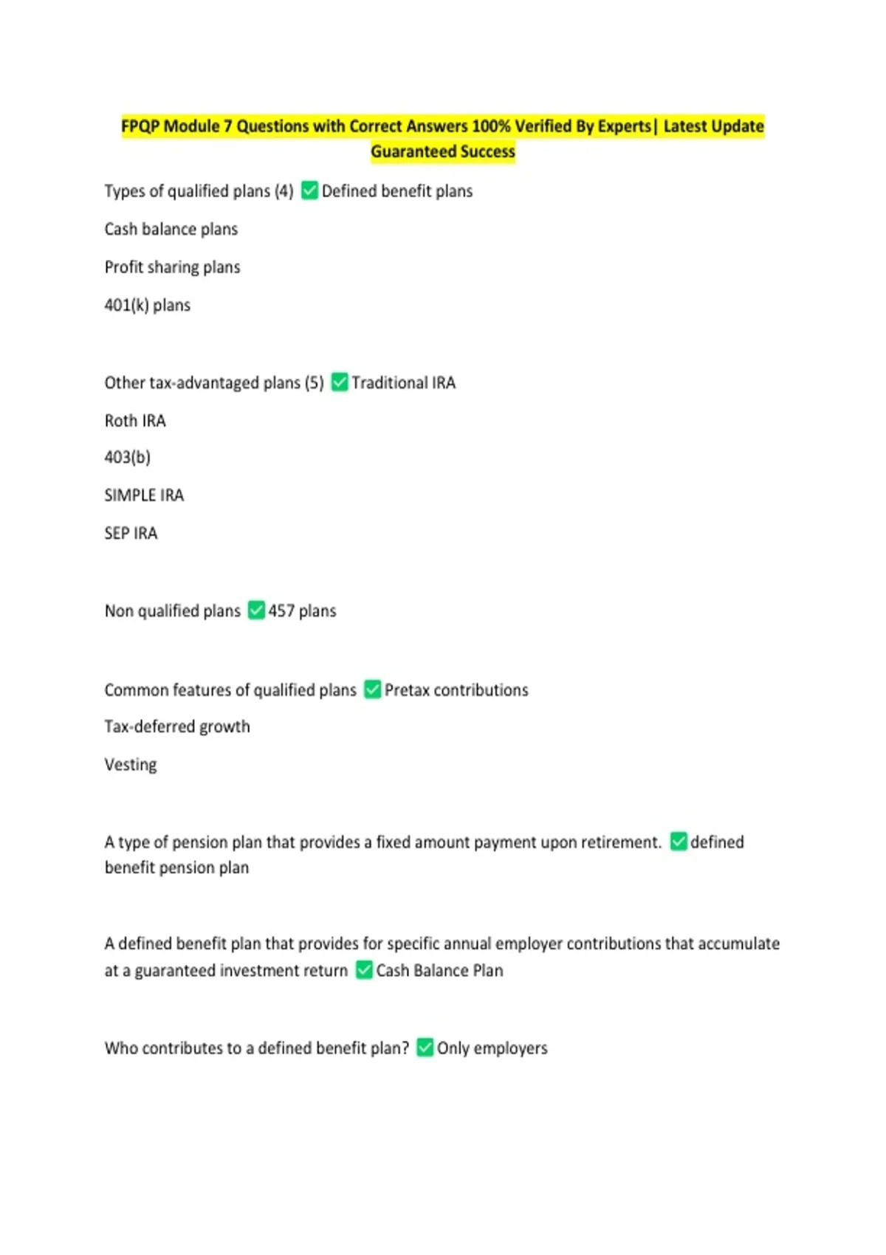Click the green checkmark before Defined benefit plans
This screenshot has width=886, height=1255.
pos(310,191)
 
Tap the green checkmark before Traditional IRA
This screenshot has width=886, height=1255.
pos(340,382)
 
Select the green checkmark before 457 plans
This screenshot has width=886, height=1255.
pos(256,611)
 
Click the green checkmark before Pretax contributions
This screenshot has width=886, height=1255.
pos(373,690)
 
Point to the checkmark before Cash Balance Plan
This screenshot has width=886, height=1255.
pos(364,970)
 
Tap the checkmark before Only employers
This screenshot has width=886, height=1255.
pos(425,1048)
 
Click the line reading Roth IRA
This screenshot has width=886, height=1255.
pos(135,421)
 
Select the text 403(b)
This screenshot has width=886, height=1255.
pos(128,458)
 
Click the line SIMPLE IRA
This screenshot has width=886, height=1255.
pos(144,495)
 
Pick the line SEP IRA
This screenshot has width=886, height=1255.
pos(131,533)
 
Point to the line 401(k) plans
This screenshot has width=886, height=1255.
pos(148,305)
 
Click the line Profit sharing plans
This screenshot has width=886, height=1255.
pos(172,267)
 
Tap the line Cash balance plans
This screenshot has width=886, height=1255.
pos(171,229)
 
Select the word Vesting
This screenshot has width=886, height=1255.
pos(131,765)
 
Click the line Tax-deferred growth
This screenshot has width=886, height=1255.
pos(177,726)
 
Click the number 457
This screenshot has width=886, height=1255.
pos(281,611)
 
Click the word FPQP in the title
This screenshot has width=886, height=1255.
pos(140,126)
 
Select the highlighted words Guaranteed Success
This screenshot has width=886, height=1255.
pos(443,151)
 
